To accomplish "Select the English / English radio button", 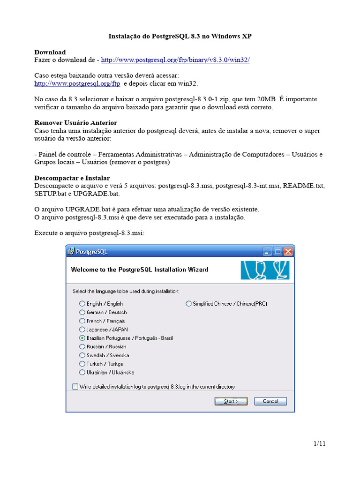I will (82, 304).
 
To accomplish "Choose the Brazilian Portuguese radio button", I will (82, 338).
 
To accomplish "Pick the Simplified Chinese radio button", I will (189, 304).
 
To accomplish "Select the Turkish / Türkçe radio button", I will (82, 364).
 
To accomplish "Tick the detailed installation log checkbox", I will (75, 387).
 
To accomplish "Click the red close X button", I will (288, 252).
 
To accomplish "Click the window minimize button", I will (267, 252).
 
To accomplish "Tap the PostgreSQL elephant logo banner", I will (265, 270).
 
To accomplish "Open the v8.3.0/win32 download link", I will (175, 60).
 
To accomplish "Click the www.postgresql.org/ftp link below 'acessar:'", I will (77, 83).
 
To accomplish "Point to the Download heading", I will (50, 52).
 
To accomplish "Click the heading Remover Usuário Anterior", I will (75, 122).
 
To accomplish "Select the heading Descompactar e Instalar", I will (72, 178).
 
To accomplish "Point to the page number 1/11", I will (319, 443).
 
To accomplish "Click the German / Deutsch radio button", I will (82, 312).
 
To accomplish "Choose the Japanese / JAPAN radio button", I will (82, 330).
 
